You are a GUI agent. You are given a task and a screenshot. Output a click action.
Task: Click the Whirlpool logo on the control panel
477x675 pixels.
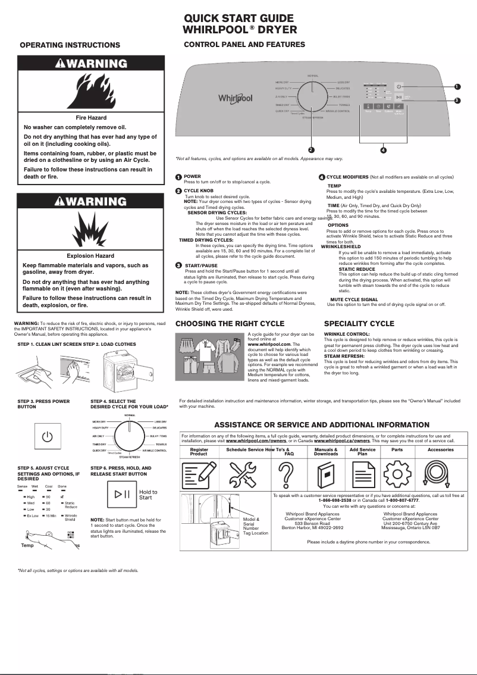(x=235, y=98)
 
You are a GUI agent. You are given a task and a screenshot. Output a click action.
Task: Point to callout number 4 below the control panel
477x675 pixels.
(x=383, y=149)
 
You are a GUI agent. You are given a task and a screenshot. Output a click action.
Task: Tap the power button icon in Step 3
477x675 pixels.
(x=48, y=437)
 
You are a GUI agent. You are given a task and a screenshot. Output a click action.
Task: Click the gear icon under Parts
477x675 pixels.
(x=397, y=477)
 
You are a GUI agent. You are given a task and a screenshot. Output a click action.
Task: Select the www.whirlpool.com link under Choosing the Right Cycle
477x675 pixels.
(x=269, y=344)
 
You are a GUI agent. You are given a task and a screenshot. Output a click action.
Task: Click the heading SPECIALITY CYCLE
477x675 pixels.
(x=359, y=324)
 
